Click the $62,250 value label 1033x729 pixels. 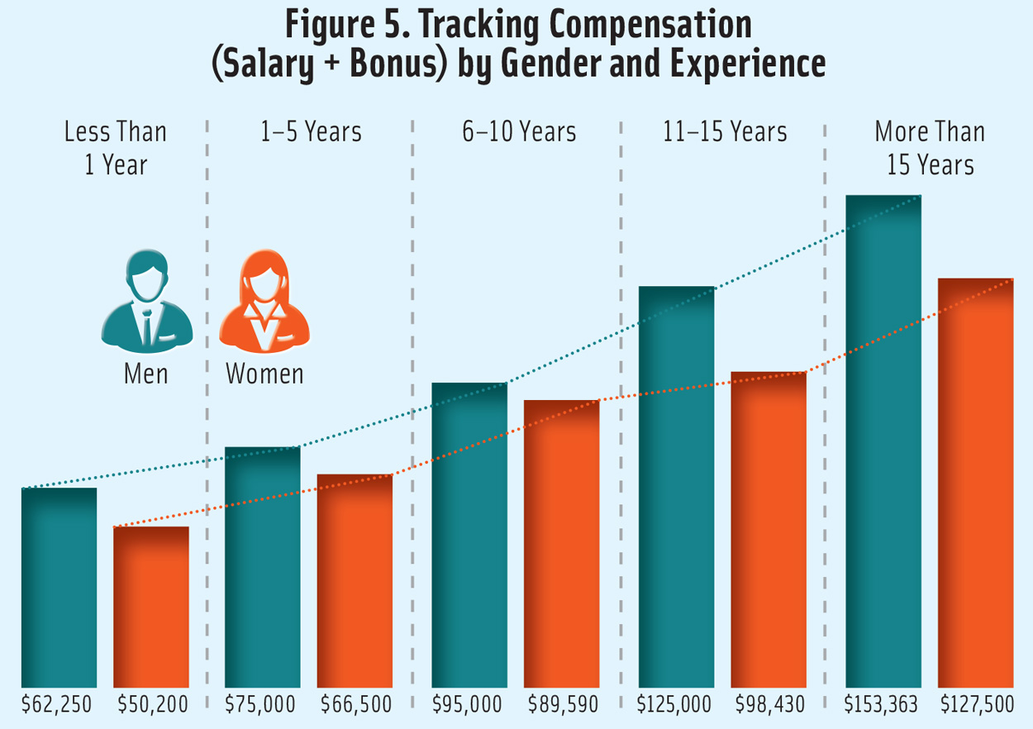pos(57,705)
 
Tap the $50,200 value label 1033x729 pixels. pos(152,705)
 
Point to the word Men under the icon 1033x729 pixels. pos(146,374)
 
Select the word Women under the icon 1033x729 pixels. pos(264,374)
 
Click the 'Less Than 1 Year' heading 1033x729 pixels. pos(115,148)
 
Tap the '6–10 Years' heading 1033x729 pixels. pos(519,132)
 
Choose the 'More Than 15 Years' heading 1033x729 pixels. pos(930,148)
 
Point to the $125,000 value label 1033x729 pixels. pos(674,705)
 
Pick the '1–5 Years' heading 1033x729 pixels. pos(311,132)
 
